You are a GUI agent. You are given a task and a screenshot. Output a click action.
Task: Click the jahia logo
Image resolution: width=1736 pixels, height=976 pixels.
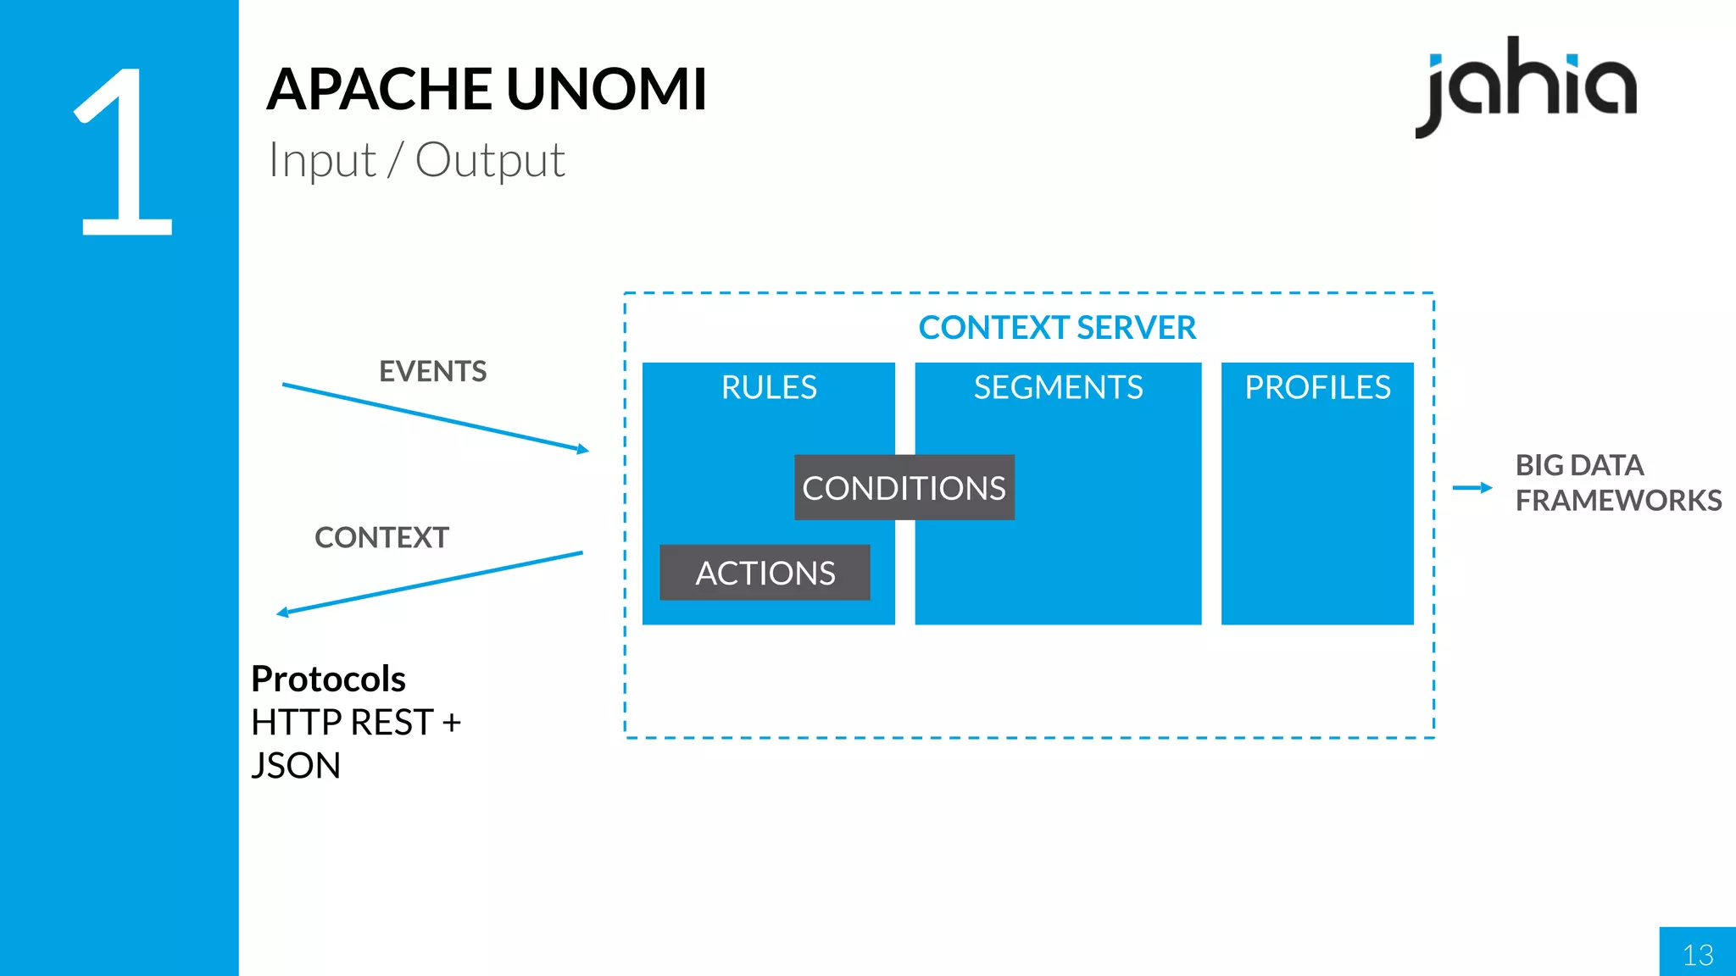[1526, 85]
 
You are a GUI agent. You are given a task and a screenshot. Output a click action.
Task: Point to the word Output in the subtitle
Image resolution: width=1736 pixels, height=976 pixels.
[490, 160]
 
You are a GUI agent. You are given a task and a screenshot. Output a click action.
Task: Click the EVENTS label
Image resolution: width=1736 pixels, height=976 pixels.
[432, 371]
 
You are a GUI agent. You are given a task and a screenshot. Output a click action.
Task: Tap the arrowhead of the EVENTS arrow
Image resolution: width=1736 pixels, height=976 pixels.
[583, 449]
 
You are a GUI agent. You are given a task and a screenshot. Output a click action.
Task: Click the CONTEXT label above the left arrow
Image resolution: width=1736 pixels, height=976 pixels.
[381, 537]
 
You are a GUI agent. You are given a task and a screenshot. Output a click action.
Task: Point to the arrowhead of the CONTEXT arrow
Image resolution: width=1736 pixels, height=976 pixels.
[283, 612]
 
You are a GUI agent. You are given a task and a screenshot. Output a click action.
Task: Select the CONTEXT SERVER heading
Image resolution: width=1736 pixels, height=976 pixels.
[1057, 328]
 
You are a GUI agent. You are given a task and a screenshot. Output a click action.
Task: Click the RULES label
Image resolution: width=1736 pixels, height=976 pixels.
[769, 387]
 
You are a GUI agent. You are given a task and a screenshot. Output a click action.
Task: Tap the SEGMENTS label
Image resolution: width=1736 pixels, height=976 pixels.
[1058, 387]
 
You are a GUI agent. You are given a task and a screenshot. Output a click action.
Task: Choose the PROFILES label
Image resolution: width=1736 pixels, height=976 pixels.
[1317, 387]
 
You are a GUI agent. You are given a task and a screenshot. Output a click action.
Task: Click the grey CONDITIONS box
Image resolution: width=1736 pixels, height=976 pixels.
[904, 488]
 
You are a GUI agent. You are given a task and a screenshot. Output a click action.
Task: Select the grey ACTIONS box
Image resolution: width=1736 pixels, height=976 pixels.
[765, 573]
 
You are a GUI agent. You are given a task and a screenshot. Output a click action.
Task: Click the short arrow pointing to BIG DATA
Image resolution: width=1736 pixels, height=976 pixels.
[1472, 487]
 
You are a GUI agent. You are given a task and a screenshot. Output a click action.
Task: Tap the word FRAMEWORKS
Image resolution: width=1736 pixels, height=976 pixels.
[1618, 501]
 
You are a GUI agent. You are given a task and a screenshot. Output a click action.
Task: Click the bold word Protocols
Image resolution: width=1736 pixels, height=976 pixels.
[329, 679]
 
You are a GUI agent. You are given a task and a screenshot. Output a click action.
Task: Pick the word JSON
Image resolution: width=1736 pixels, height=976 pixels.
[296, 766]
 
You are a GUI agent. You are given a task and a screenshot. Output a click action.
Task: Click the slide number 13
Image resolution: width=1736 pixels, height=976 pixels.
[1698, 955]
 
